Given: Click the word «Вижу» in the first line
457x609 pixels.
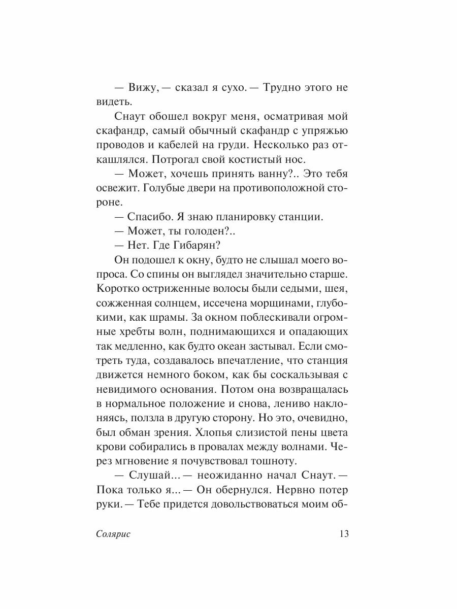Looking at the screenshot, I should point(144,87).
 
